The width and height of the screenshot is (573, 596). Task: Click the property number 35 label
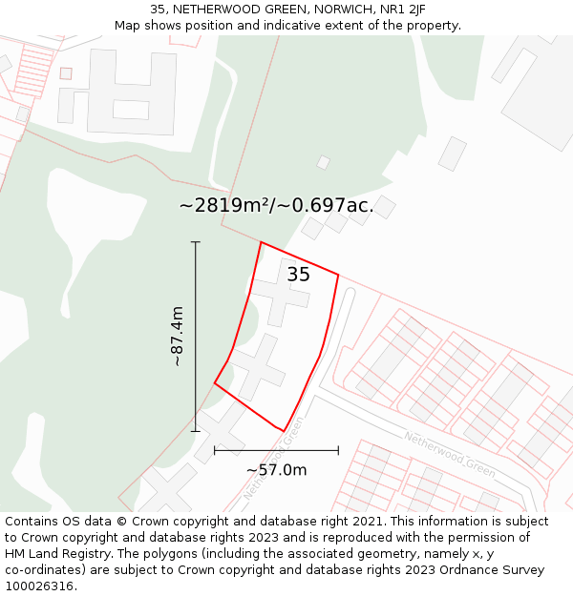[x=298, y=275]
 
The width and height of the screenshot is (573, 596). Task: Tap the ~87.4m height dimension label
[x=177, y=336]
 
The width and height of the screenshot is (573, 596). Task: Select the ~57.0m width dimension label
[x=276, y=470]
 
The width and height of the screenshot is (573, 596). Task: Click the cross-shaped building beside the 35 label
[x=280, y=294]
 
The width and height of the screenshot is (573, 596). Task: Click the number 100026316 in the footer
[x=40, y=586]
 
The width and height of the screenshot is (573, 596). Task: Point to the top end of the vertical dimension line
[x=196, y=242]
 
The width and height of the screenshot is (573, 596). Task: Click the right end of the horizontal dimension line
[x=338, y=450]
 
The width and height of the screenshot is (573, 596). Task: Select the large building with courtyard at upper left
[x=119, y=92]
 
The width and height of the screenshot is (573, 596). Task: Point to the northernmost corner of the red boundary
[x=261, y=242]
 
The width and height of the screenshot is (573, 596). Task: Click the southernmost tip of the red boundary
[x=284, y=431]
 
